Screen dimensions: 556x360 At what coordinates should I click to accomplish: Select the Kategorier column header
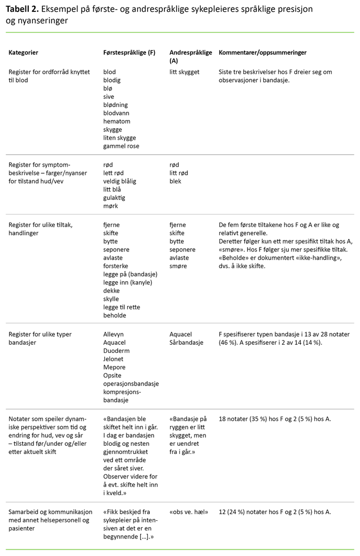23,53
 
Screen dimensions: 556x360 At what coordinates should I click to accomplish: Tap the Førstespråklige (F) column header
129,53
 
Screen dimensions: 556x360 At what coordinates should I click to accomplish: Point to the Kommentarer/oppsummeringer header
262,53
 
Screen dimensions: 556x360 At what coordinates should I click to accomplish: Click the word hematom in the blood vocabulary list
117,122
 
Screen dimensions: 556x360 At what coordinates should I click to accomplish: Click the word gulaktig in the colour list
114,198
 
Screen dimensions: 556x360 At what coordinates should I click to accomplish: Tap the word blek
175,181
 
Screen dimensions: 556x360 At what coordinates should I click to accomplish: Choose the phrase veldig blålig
119,181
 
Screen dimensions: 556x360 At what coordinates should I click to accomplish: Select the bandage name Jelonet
114,359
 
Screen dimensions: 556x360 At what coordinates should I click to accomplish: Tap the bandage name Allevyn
114,334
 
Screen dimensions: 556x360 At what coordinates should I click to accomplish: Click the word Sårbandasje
186,343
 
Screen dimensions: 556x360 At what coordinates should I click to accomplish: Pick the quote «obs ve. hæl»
189,511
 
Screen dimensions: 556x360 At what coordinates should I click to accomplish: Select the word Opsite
112,375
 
